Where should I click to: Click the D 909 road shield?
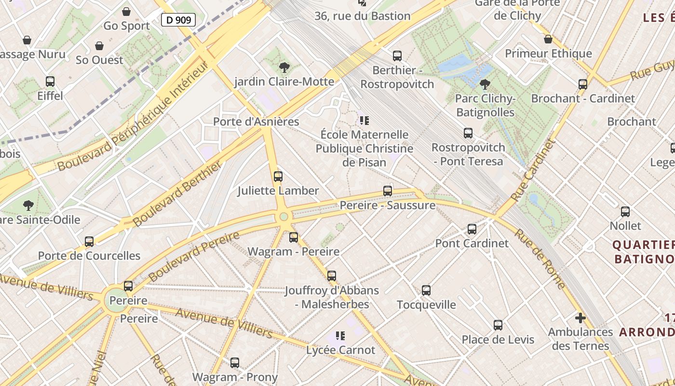point(178,20)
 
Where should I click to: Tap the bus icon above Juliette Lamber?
point(278,177)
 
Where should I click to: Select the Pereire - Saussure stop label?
point(387,206)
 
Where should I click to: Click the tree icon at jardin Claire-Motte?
point(284,68)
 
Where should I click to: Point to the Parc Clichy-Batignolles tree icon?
point(485,84)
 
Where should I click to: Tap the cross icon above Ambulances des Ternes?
point(580,318)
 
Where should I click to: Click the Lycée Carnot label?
point(340,350)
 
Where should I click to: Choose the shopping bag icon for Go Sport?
point(126,12)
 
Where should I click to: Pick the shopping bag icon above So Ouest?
point(99,46)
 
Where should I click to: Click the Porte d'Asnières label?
point(256,122)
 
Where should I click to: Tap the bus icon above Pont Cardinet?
point(472,229)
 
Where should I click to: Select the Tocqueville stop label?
point(426,304)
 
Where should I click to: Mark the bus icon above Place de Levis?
point(498,325)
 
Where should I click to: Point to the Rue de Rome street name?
point(540,258)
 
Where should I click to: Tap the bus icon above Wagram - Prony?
point(235,363)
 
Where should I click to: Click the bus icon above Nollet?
point(625,212)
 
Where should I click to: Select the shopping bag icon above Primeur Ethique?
point(548,40)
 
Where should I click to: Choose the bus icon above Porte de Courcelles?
point(89,242)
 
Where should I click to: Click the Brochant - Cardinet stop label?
point(583,98)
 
